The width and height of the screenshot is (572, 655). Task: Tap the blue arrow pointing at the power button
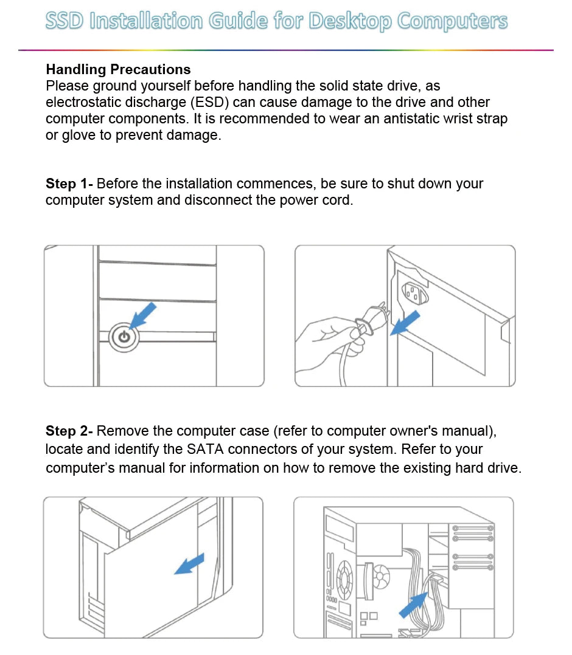pos(143,316)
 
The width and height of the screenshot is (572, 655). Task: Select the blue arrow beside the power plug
pos(404,323)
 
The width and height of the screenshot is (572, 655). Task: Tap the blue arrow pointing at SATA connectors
pos(413,605)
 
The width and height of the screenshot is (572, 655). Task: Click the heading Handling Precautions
pos(118,69)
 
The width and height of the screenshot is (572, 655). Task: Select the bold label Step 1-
pos(69,183)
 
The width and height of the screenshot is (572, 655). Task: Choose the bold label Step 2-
pos(69,431)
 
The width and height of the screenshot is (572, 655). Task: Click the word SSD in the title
pos(65,22)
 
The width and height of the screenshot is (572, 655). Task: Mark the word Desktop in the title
pos(351,22)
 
